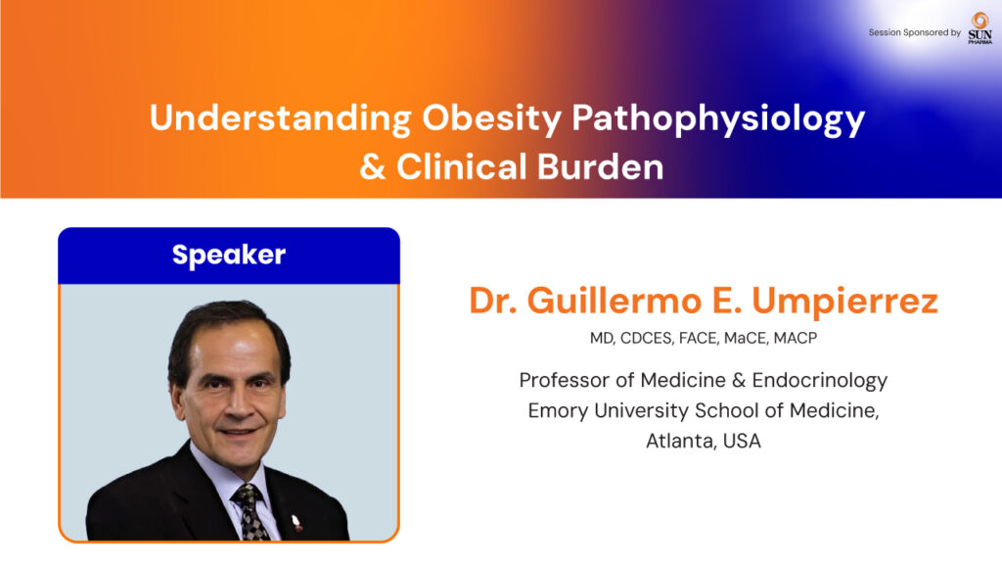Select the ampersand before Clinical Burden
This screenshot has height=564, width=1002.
[373, 166]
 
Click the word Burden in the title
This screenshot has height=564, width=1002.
[600, 166]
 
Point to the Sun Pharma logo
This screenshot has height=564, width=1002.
[979, 28]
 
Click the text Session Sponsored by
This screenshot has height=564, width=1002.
[915, 32]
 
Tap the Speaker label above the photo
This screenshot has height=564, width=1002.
[229, 256]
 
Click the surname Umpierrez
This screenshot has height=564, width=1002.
[844, 302]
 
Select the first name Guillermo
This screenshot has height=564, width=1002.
[615, 301]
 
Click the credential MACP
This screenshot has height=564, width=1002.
[796, 338]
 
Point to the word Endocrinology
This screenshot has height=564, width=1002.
[820, 381]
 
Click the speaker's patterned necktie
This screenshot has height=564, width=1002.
[252, 512]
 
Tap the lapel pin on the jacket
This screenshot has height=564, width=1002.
[296, 522]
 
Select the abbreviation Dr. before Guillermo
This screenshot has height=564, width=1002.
[493, 301]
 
